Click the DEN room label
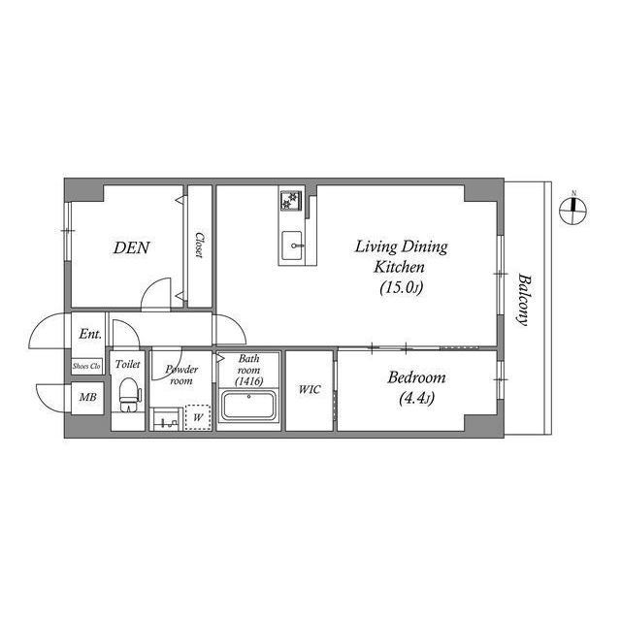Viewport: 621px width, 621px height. pyautogui.click(x=131, y=247)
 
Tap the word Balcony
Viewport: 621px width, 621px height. pyautogui.click(x=525, y=299)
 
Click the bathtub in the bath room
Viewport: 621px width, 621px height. pyautogui.click(x=249, y=405)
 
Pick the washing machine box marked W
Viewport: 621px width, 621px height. pyautogui.click(x=197, y=418)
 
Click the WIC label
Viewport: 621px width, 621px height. pyautogui.click(x=309, y=390)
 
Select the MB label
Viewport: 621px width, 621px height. pyautogui.click(x=87, y=398)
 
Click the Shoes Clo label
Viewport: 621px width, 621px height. pyautogui.click(x=86, y=366)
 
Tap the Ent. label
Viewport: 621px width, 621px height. pyautogui.click(x=90, y=335)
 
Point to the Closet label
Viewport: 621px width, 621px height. pyautogui.click(x=199, y=245)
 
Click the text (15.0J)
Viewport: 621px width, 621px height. pyautogui.click(x=401, y=287)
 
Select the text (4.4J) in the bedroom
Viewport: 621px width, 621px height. pyautogui.click(x=415, y=397)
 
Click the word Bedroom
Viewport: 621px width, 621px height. pyautogui.click(x=415, y=377)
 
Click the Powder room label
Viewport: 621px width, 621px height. pyautogui.click(x=180, y=375)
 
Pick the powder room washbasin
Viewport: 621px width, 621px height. pyautogui.click(x=165, y=420)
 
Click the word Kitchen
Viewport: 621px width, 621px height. pyautogui.click(x=400, y=266)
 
